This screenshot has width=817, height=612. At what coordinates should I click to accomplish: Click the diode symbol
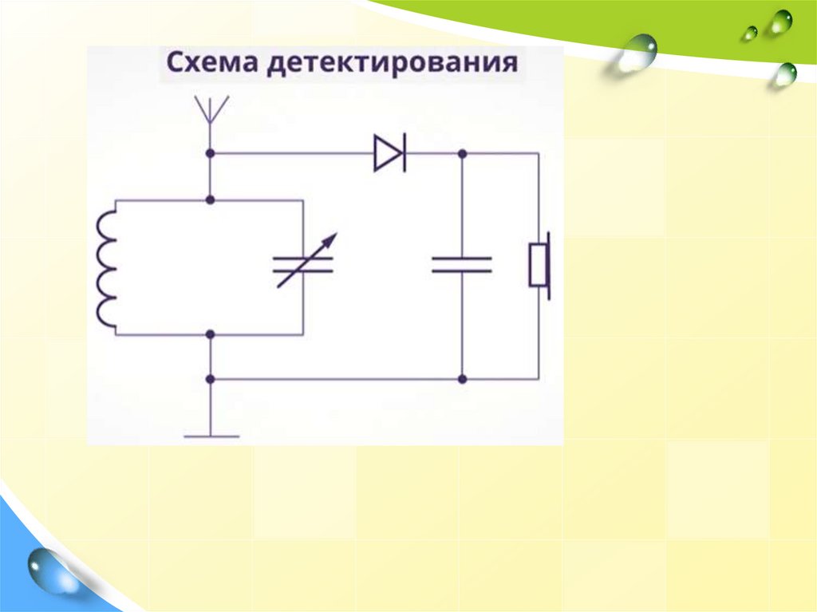(x=389, y=152)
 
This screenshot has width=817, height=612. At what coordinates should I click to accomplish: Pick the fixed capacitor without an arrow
(x=461, y=265)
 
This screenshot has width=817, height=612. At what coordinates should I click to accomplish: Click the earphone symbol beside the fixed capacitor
(x=540, y=265)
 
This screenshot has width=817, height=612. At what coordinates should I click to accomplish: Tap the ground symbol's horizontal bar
(x=211, y=436)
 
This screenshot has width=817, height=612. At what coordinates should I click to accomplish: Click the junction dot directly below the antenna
(x=211, y=152)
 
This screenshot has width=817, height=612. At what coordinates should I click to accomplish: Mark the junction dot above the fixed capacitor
(x=461, y=152)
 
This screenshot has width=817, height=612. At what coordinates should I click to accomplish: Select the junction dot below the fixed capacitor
(x=461, y=378)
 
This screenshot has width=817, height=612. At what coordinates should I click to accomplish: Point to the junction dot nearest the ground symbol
(x=211, y=378)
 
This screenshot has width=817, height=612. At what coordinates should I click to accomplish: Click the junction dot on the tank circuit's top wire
(x=211, y=199)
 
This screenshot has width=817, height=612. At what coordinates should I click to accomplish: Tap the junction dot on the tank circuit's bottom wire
(x=211, y=334)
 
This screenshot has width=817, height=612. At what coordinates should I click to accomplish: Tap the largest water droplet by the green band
(x=637, y=53)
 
